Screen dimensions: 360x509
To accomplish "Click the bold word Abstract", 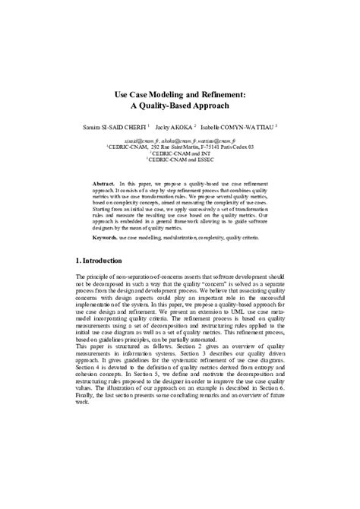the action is click(x=103, y=185).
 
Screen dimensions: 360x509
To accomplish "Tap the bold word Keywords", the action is click(x=105, y=238).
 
